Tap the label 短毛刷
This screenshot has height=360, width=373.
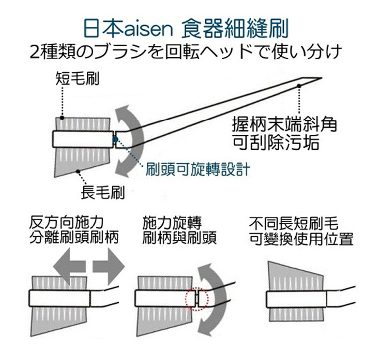pos(77,79)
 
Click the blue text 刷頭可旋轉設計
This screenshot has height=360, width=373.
pos(196,170)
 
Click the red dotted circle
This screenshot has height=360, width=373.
pos(195,299)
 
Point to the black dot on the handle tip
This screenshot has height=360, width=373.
pos(299,86)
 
